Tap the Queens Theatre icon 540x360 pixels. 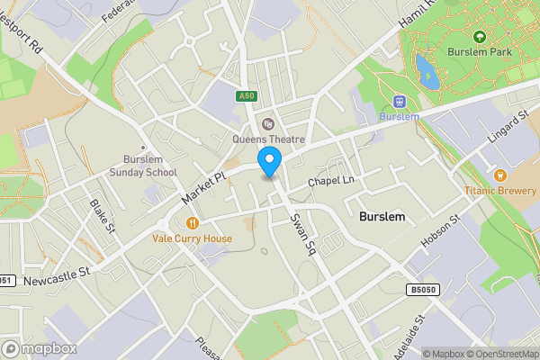tap(267, 124)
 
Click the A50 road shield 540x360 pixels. tap(247, 95)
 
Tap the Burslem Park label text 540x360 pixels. tap(478, 53)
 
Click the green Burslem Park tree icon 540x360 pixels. tap(479, 37)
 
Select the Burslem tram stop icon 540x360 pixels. tap(399, 102)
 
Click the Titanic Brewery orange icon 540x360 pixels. tap(499, 174)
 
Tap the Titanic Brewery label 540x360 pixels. tap(499, 190)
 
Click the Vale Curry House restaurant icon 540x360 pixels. tap(192, 223)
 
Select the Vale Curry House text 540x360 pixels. tap(192, 239)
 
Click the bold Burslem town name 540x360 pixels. tap(382, 218)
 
